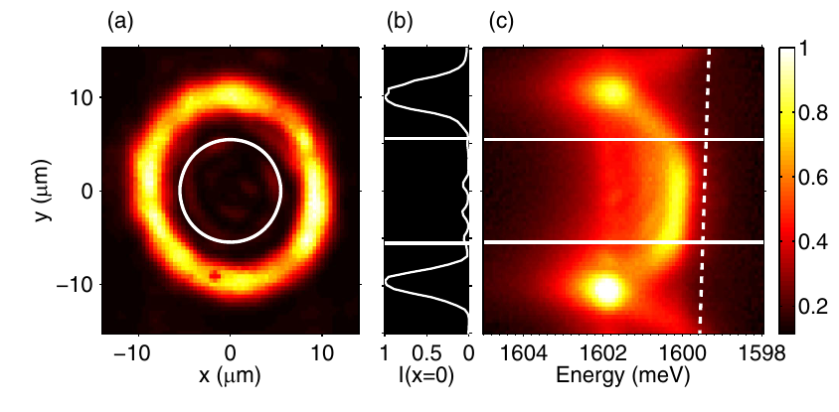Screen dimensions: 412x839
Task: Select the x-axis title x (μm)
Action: [x=231, y=376]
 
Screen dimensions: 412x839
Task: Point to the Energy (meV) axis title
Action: [x=624, y=376]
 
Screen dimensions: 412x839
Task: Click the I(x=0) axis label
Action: [x=427, y=376]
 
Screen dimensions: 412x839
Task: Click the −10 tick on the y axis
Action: [x=82, y=285]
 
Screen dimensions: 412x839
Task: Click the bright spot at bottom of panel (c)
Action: [x=606, y=290]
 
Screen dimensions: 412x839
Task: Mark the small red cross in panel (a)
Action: [x=215, y=275]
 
